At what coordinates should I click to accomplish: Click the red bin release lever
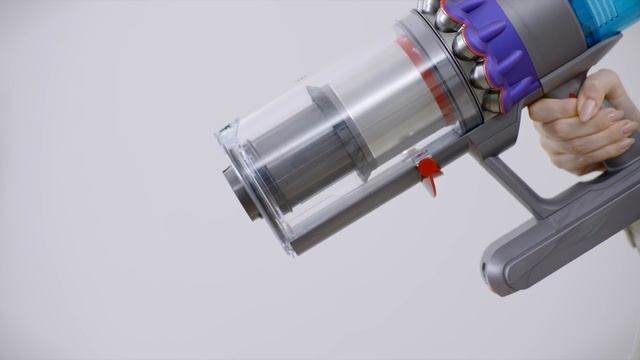[x=429, y=170]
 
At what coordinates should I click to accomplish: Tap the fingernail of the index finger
[x=587, y=110]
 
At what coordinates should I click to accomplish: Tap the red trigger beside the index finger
[x=573, y=96]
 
